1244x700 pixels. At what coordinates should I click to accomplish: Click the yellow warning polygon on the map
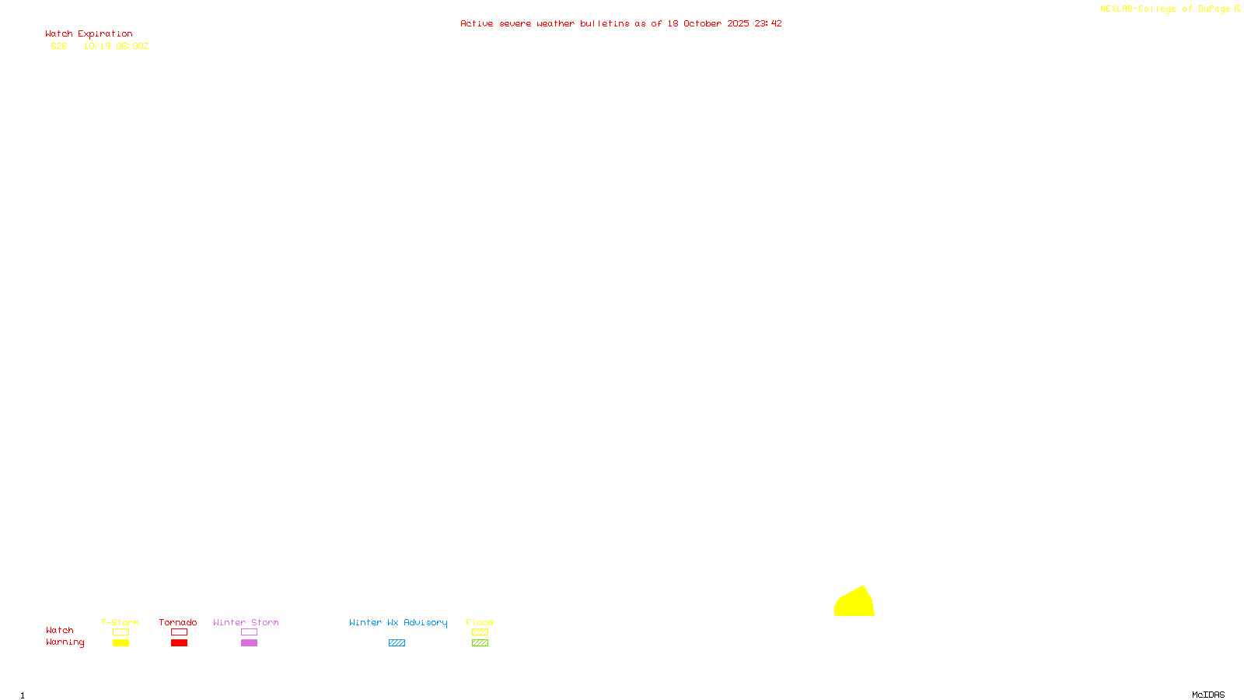click(x=854, y=604)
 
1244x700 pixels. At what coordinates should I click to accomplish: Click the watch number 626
click(x=59, y=46)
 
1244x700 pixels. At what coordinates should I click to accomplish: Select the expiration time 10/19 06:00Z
click(x=116, y=46)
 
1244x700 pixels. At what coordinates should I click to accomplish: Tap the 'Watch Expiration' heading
click(x=89, y=34)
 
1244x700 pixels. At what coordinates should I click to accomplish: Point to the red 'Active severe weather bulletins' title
click(x=620, y=23)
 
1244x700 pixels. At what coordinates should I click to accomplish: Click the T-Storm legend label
click(x=120, y=622)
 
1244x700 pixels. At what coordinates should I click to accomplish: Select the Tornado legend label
click(x=178, y=622)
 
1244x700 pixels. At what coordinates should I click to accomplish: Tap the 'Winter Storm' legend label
click(x=246, y=622)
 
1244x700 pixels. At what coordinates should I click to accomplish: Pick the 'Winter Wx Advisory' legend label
click(x=398, y=622)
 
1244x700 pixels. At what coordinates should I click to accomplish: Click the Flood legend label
click(x=480, y=622)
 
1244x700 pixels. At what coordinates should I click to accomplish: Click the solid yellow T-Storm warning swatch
click(x=121, y=643)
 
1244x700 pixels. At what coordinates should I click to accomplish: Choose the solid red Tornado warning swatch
click(x=179, y=643)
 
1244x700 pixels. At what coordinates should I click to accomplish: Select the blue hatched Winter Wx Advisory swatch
click(x=397, y=643)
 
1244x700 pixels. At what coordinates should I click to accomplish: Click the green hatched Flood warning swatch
click(x=480, y=643)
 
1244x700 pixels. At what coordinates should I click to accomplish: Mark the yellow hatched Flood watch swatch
click(x=480, y=632)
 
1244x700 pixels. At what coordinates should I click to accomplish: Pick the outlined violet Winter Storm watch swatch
click(x=249, y=632)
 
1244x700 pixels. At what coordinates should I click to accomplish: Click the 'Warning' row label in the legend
click(x=65, y=642)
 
